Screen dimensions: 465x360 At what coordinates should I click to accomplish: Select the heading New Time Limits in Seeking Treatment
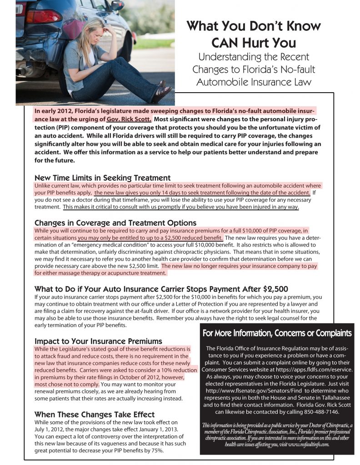(102, 178)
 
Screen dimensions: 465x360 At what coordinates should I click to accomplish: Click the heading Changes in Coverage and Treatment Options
(115, 223)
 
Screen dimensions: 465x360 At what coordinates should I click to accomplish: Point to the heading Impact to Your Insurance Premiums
(98, 341)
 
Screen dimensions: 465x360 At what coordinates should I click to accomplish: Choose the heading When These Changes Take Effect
(95, 414)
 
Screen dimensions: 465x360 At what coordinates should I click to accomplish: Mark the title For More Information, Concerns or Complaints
(277, 333)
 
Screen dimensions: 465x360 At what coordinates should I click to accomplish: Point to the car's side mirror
(117, 5)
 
